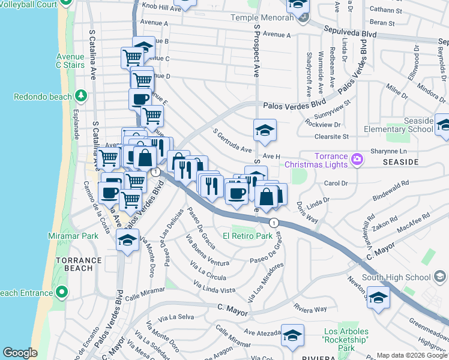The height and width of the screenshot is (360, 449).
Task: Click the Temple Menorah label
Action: tap(263, 17)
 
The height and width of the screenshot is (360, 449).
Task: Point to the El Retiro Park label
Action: tap(248, 236)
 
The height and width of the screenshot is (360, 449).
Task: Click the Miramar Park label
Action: tap(74, 236)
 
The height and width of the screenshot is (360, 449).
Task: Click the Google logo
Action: tap(20, 352)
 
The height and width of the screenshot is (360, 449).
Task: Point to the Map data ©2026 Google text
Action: tap(412, 355)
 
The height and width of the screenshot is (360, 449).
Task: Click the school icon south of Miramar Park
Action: tap(127, 240)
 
